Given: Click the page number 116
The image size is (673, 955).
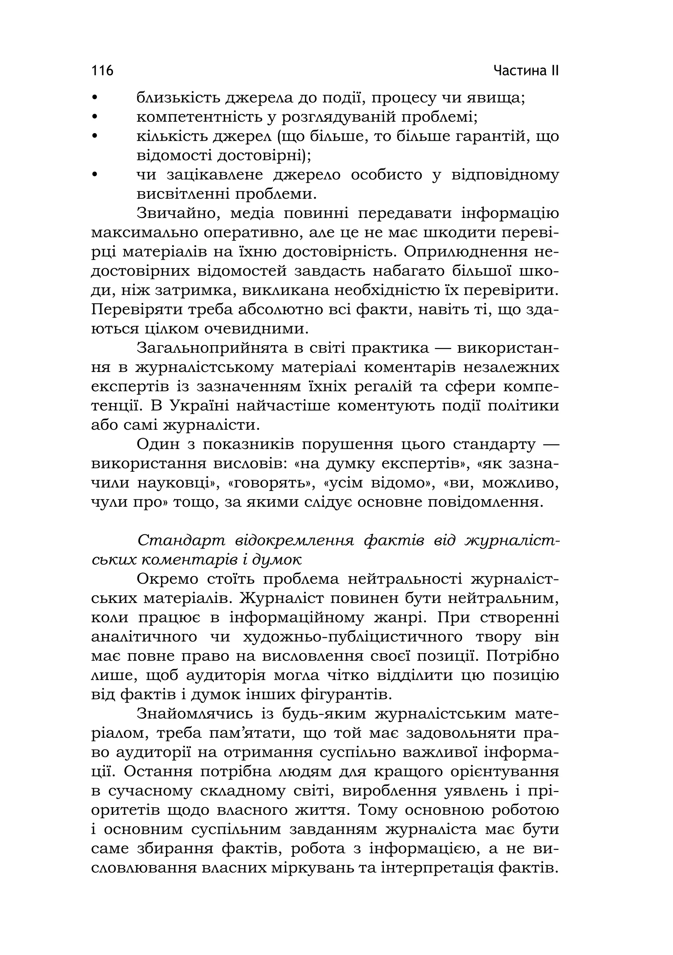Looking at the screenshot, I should (x=102, y=70).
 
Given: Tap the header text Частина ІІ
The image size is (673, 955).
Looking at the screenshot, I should (x=526, y=70).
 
